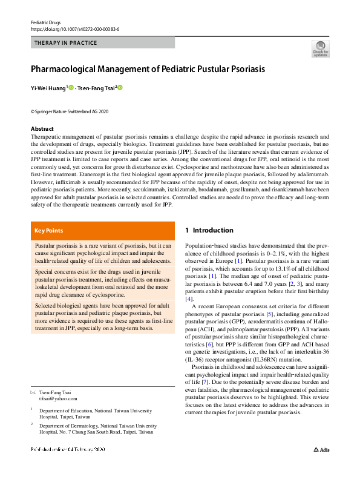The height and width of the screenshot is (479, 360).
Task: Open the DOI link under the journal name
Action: coord(74,28)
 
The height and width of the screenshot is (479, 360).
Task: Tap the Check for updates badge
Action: coord(320,48)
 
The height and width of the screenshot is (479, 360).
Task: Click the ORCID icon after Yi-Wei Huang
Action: coord(71,88)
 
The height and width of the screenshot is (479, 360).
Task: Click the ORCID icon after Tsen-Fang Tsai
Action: coord(120,88)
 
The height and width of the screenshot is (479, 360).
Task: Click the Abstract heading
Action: coord(42,129)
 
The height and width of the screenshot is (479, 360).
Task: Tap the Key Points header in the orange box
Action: coord(48,230)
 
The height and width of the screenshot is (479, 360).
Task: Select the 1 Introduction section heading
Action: coord(209,230)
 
